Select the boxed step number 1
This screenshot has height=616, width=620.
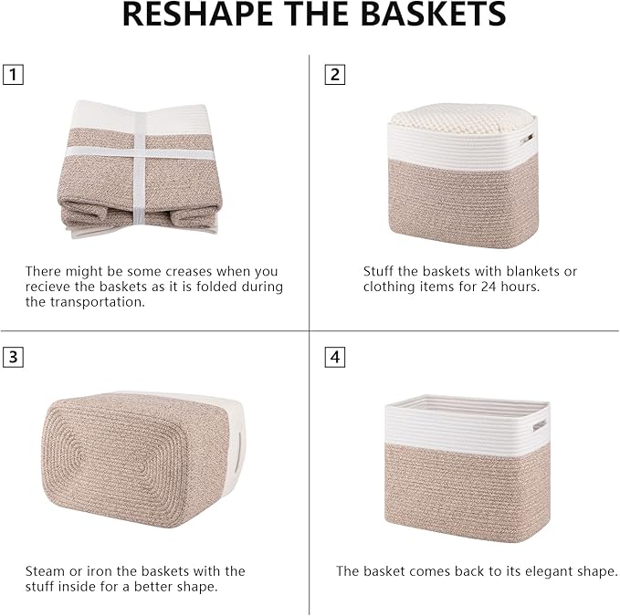pyautogui.click(x=12, y=75)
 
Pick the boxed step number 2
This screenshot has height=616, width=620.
pyautogui.click(x=335, y=75)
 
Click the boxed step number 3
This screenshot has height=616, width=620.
pyautogui.click(x=12, y=357)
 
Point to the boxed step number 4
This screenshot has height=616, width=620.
pyautogui.click(x=335, y=357)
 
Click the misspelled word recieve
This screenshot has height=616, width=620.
pyautogui.click(x=54, y=287)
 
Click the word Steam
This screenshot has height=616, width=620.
pyautogui.click(x=45, y=571)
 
